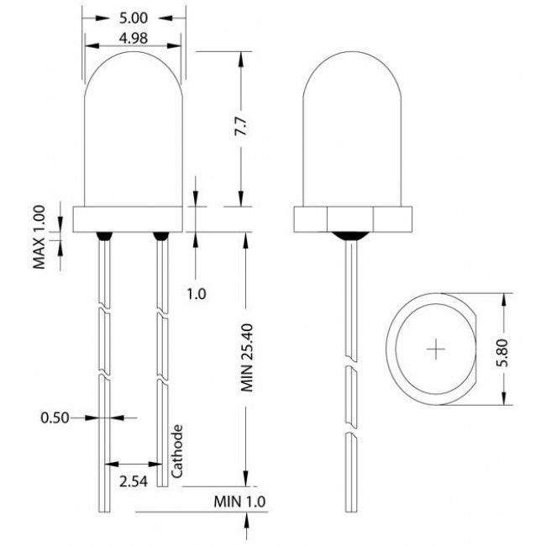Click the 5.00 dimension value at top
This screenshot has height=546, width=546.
click(x=134, y=17)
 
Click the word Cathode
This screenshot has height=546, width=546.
click(x=177, y=450)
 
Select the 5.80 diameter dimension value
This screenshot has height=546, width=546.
click(x=502, y=349)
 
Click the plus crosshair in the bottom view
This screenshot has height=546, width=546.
click(x=436, y=349)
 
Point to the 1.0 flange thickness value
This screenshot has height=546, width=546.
click(x=196, y=294)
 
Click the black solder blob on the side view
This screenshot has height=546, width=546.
click(x=350, y=236)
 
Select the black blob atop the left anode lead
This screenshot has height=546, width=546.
click(x=106, y=236)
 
